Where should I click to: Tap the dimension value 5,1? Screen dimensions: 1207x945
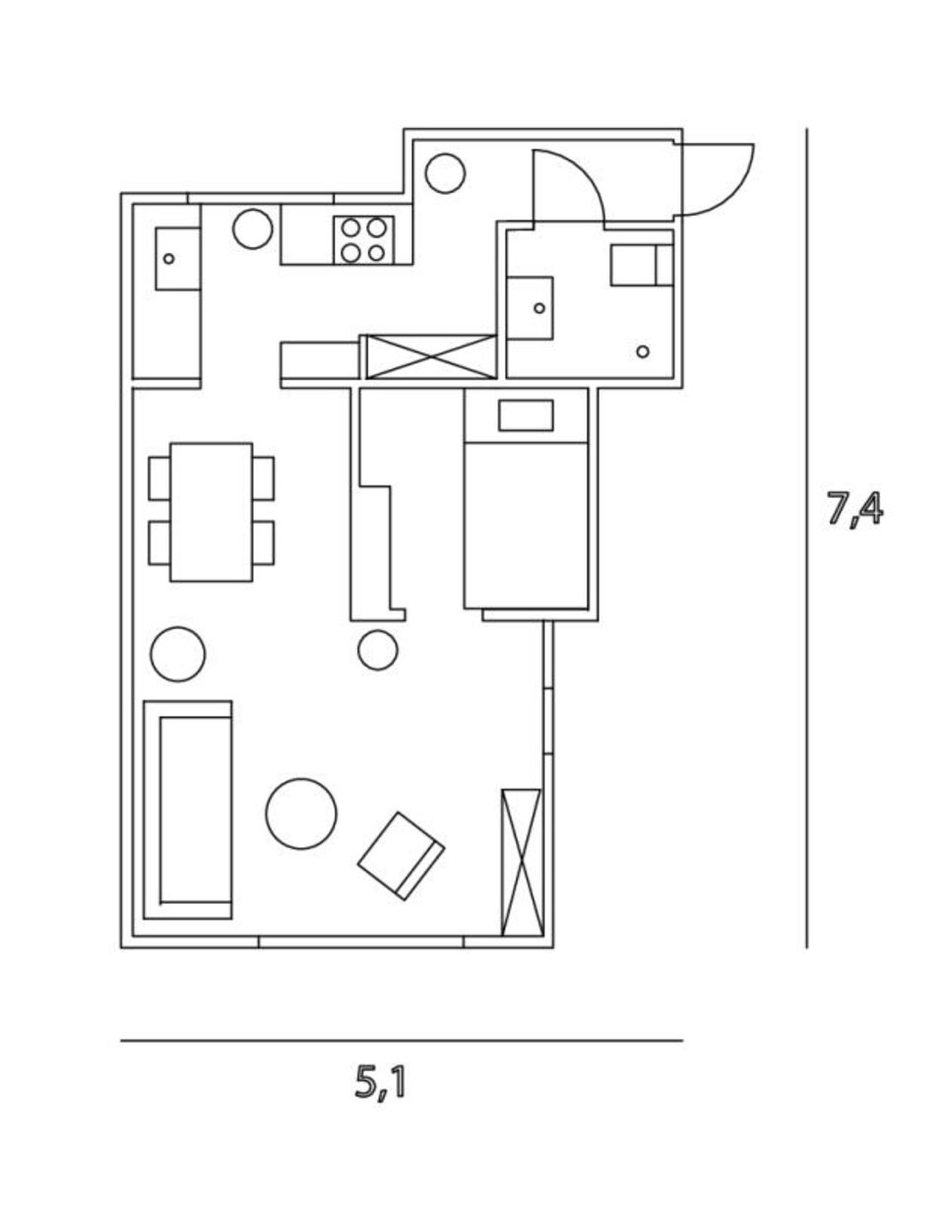click(x=380, y=1083)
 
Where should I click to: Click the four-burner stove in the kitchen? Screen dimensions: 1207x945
click(x=363, y=240)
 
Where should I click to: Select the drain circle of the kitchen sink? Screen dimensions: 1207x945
click(x=169, y=259)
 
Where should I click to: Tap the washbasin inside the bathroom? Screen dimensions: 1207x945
click(x=530, y=308)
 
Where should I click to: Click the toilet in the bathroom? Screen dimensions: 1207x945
click(x=640, y=265)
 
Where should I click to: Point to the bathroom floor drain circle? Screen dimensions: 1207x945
click(x=643, y=351)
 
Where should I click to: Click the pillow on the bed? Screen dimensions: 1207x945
click(x=526, y=415)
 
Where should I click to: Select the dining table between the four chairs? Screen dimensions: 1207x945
click(x=211, y=512)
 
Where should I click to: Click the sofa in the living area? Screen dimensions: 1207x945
click(x=188, y=810)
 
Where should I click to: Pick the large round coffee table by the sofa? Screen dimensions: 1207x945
click(x=301, y=813)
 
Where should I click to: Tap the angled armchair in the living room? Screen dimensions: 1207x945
click(x=401, y=855)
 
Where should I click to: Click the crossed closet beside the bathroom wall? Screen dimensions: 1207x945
click(x=431, y=356)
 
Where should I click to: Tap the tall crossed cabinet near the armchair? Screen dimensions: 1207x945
click(x=522, y=861)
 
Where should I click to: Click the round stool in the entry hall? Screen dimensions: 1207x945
click(x=445, y=173)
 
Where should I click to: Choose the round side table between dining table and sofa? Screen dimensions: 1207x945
click(x=178, y=654)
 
